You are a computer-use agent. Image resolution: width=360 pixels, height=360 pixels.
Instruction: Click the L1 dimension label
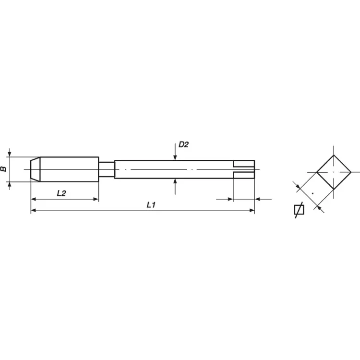[x=151, y=205]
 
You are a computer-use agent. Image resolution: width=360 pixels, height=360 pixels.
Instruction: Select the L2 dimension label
[x=61, y=193]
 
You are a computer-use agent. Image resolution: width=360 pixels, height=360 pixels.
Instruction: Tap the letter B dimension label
[x=4, y=169]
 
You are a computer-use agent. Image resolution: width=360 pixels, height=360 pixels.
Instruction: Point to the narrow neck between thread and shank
[x=107, y=169]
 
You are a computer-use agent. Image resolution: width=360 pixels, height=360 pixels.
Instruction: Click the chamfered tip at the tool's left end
[x=35, y=169]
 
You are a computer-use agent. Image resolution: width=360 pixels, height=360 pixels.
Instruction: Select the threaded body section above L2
[x=69, y=169]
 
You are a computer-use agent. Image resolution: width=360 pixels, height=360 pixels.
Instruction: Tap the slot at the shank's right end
[x=243, y=169]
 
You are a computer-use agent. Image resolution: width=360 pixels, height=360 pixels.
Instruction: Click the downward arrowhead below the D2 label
[x=175, y=157]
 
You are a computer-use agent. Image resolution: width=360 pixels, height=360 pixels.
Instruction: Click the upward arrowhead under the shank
[x=175, y=181]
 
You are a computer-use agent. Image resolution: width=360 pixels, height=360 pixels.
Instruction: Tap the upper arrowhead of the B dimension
[x=9, y=154]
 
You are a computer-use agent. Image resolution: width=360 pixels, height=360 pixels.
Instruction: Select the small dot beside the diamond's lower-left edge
[x=312, y=193]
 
